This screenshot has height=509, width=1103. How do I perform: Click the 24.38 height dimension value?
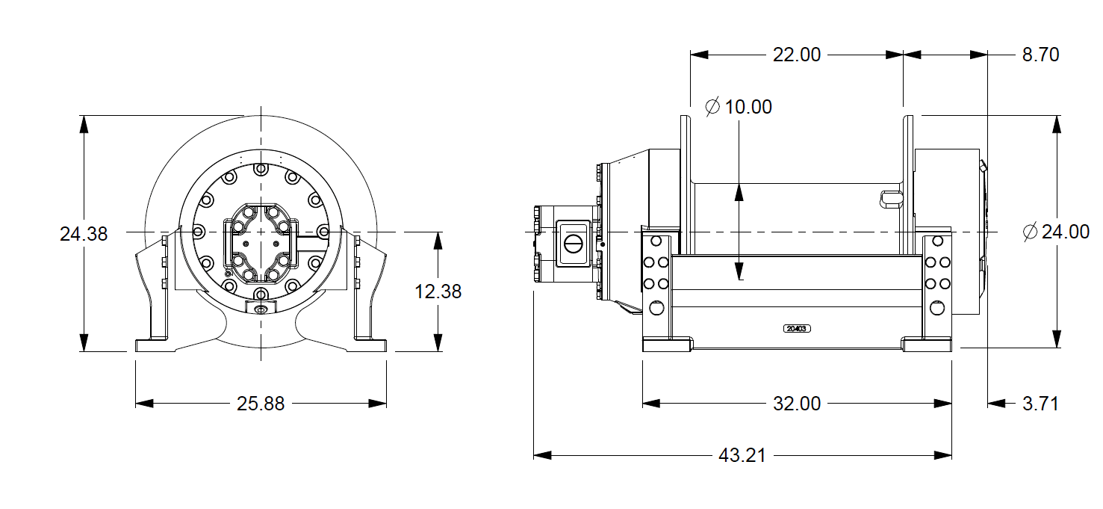click(x=84, y=234)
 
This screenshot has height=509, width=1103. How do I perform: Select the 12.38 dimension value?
click(x=438, y=291)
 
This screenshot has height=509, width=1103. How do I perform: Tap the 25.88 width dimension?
click(x=261, y=404)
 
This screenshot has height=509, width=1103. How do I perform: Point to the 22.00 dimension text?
click(x=796, y=55)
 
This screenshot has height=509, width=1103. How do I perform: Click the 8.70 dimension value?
click(x=1038, y=55)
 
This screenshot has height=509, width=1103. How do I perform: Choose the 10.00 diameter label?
click(x=748, y=107)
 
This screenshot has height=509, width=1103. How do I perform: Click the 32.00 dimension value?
click(x=796, y=404)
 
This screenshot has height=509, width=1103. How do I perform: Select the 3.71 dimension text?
click(x=1040, y=404)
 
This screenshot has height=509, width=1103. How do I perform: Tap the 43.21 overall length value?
click(x=742, y=455)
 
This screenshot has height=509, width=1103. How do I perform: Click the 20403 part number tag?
click(x=797, y=328)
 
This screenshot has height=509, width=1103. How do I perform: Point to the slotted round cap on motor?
click(x=573, y=244)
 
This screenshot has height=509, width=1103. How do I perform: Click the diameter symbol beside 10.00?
click(x=712, y=107)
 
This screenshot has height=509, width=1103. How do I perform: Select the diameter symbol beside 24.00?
click(x=1031, y=232)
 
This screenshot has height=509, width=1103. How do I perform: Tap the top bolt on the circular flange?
click(x=260, y=169)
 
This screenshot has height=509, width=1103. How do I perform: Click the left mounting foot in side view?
click(x=666, y=345)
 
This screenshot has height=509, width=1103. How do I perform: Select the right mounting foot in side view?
click(x=927, y=345)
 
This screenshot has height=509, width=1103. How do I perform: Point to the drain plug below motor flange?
click(x=260, y=309)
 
